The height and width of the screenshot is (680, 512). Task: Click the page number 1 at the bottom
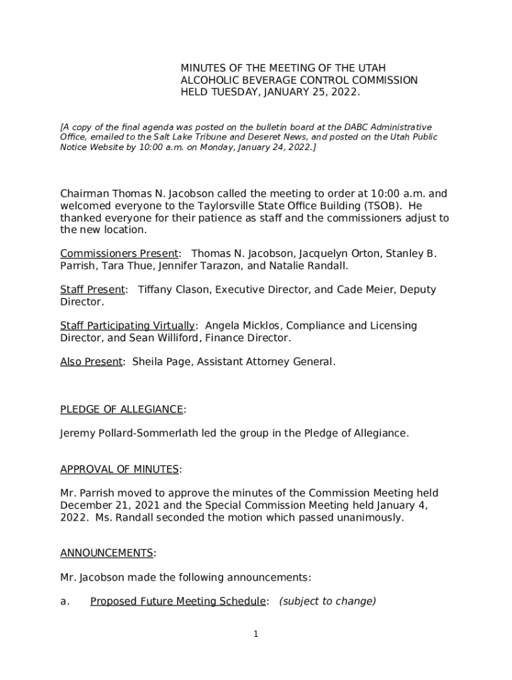pos(255,634)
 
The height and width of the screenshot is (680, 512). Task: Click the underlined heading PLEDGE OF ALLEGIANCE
pos(122,409)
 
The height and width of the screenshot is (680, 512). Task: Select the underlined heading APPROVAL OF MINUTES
pos(120,469)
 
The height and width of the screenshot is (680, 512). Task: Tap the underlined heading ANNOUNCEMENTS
pos(107,553)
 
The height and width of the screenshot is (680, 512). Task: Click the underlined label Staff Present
pos(92,290)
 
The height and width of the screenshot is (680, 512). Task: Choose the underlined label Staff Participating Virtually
pos(128,325)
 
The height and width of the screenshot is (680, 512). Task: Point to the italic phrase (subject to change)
pos(327,602)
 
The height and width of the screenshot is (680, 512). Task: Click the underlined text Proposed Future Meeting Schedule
pos(178,602)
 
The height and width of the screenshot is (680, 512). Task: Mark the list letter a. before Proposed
pos(64,602)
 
